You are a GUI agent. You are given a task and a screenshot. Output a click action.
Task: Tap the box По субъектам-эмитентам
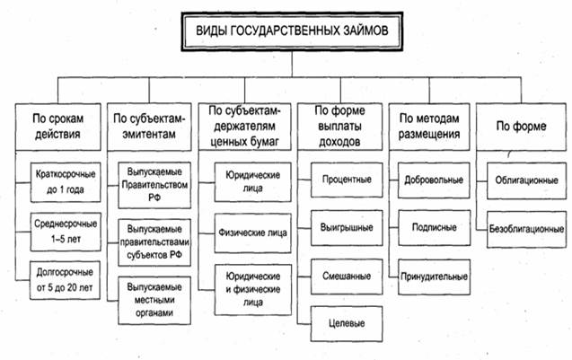149,125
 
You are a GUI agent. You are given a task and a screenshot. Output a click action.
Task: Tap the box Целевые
345,320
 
